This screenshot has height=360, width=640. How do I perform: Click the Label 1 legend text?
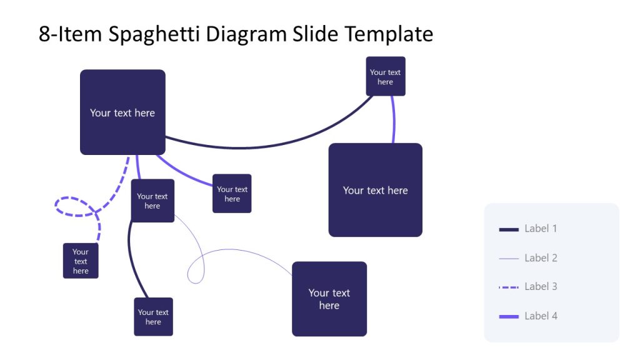coord(541,229)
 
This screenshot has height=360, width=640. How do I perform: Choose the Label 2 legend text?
coord(541,258)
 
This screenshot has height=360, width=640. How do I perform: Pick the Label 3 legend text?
coord(541,287)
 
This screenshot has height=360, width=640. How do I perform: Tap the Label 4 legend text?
coord(541,316)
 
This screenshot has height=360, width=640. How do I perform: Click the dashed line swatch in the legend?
coord(509,287)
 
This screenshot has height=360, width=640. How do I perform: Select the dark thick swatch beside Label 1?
coord(509,229)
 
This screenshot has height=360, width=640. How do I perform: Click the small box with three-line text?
coord(81,261)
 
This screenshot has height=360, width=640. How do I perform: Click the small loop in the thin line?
coord(196,272)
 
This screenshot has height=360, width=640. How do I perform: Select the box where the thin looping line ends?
coord(329,299)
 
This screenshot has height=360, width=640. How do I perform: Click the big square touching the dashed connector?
coord(122,112)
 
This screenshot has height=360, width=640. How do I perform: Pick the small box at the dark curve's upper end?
coord(386,77)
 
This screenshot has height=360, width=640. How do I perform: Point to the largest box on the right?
coord(375,190)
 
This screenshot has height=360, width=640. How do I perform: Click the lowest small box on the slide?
coord(153,317)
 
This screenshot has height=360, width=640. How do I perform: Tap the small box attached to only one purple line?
coord(232,194)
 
